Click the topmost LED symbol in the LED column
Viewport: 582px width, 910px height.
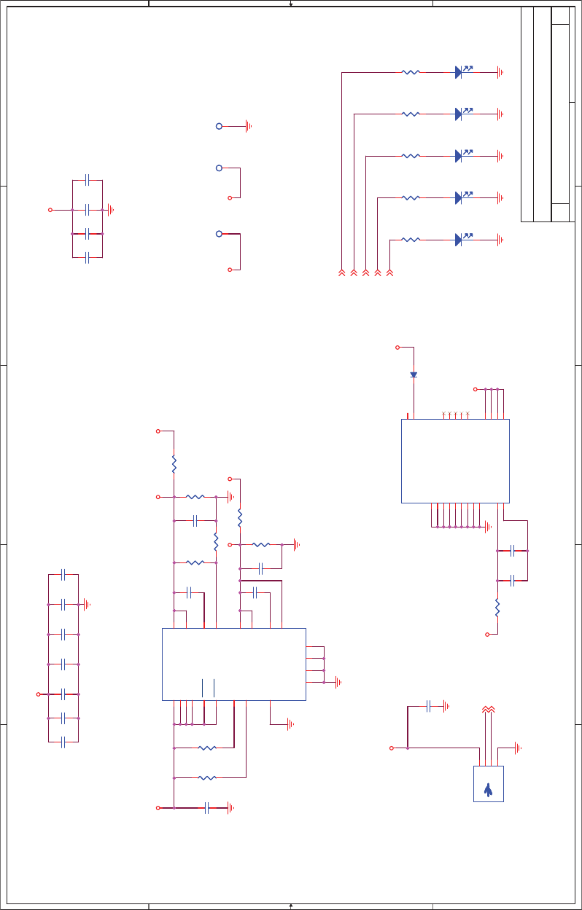coord(459,72)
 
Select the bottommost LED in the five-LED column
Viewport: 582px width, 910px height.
coord(459,239)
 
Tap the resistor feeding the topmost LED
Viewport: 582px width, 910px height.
coord(411,72)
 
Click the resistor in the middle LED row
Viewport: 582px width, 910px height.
coord(411,156)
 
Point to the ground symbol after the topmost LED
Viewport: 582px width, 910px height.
coord(500,72)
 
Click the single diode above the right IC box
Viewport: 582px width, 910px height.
coord(414,374)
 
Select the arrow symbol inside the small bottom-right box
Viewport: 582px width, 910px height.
coord(488,788)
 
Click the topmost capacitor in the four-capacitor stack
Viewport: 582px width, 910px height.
coord(87,179)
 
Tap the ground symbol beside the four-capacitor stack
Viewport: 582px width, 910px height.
coord(111,210)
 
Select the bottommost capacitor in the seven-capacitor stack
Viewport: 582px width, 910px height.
coord(63,742)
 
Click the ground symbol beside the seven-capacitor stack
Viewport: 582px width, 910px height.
coord(87,604)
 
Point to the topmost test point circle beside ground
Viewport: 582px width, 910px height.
coord(219,126)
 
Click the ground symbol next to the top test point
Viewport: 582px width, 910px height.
coord(249,126)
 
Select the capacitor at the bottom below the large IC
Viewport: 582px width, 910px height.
coord(207,807)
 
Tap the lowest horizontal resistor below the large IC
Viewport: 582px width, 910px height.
coord(207,777)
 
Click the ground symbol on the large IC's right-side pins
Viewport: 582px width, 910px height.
coord(337,682)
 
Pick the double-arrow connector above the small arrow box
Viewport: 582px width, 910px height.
coord(488,709)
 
